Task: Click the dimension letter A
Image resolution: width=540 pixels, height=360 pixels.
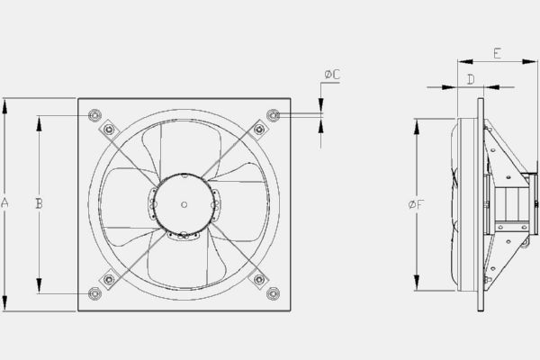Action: pos(5,204)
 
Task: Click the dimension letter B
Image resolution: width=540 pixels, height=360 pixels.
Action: pos(39,204)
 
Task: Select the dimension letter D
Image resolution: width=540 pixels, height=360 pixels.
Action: pos(471,80)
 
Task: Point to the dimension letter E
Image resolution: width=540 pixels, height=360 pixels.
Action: pos(498,54)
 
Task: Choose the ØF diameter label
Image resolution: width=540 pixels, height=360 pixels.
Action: pos(416,205)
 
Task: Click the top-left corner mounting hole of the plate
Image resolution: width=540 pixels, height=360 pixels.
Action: pos(94,115)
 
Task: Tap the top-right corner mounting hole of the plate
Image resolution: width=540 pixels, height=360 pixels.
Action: pos(274,115)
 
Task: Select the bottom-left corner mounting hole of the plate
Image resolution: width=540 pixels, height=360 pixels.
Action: pos(94,293)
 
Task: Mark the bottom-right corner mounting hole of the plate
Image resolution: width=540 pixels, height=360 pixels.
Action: pos(274,293)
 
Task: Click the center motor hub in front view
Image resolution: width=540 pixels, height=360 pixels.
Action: pos(184,204)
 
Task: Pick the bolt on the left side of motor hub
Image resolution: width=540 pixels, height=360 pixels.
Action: pos(153,204)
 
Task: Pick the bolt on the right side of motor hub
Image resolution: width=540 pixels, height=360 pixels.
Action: pos(214,204)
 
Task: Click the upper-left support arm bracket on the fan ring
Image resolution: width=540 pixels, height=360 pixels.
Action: pos(109,130)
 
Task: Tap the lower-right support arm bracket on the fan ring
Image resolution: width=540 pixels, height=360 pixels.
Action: pos(259,279)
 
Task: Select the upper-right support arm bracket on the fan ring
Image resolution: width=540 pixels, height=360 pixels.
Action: pos(259,130)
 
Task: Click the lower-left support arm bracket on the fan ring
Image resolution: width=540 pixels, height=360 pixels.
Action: pos(109,279)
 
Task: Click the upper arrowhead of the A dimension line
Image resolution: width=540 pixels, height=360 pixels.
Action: pos(5,102)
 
